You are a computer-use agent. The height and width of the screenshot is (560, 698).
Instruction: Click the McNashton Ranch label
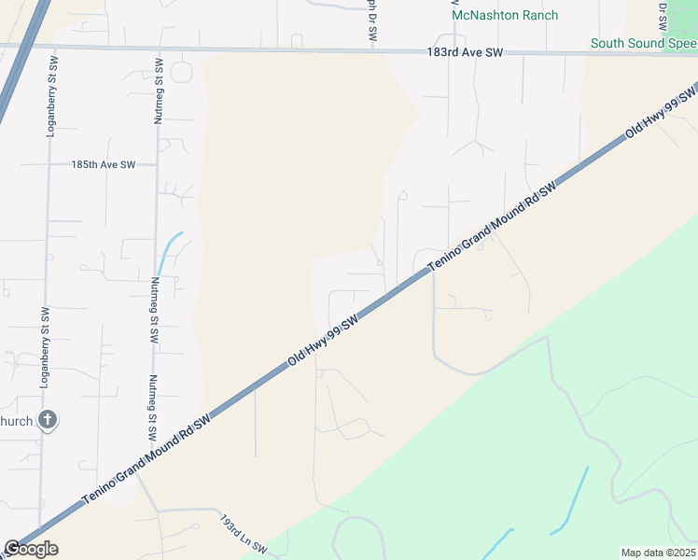tap(505, 15)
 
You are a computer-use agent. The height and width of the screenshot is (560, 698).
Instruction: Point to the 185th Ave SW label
tap(103, 164)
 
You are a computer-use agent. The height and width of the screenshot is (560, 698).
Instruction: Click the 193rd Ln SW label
tap(244, 534)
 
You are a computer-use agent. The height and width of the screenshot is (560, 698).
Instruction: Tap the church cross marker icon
tap(49, 421)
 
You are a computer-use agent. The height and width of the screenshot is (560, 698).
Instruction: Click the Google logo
tap(30, 548)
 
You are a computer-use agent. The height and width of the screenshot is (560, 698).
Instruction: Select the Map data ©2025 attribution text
tap(657, 553)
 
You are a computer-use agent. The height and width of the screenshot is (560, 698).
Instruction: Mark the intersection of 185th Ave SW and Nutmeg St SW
tap(157, 164)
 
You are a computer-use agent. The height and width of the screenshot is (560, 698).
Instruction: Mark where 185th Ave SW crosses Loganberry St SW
tap(49, 164)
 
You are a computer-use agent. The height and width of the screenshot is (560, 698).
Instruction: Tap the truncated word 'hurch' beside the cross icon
tap(18, 422)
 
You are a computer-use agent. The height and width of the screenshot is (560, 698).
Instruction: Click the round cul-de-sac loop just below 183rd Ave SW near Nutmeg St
tap(180, 72)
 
